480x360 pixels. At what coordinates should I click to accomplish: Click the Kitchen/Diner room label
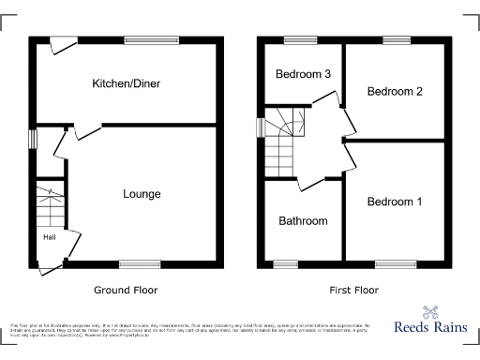tap(126, 83)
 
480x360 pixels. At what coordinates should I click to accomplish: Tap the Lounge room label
tap(142, 194)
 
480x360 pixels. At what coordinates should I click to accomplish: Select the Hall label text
tap(48, 237)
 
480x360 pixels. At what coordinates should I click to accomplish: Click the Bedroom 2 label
tap(395, 91)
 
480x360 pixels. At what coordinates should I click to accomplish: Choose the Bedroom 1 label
tap(395, 202)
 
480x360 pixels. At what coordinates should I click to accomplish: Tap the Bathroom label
tap(303, 221)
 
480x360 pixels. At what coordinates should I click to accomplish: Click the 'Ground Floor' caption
tap(126, 291)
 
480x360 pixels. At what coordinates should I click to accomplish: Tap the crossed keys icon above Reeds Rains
tap(430, 313)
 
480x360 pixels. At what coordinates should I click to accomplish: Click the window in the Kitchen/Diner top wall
tap(144, 39)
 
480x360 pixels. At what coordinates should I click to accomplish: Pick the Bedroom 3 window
tap(301, 39)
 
